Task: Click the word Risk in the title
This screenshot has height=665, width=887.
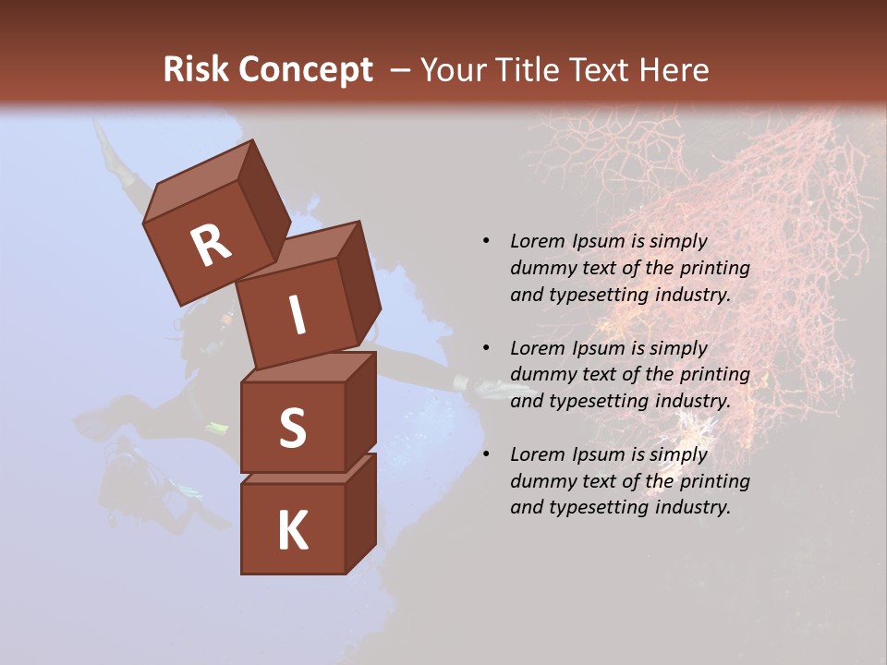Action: point(198,70)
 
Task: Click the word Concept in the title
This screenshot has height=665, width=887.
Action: point(306,70)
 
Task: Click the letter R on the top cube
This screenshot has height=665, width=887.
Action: point(211,246)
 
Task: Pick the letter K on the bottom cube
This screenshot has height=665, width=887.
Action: point(292,530)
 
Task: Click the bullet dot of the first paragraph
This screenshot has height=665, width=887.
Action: point(486,241)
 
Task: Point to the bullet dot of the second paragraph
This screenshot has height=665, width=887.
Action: point(486,348)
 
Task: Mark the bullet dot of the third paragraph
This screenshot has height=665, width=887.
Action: point(486,454)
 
